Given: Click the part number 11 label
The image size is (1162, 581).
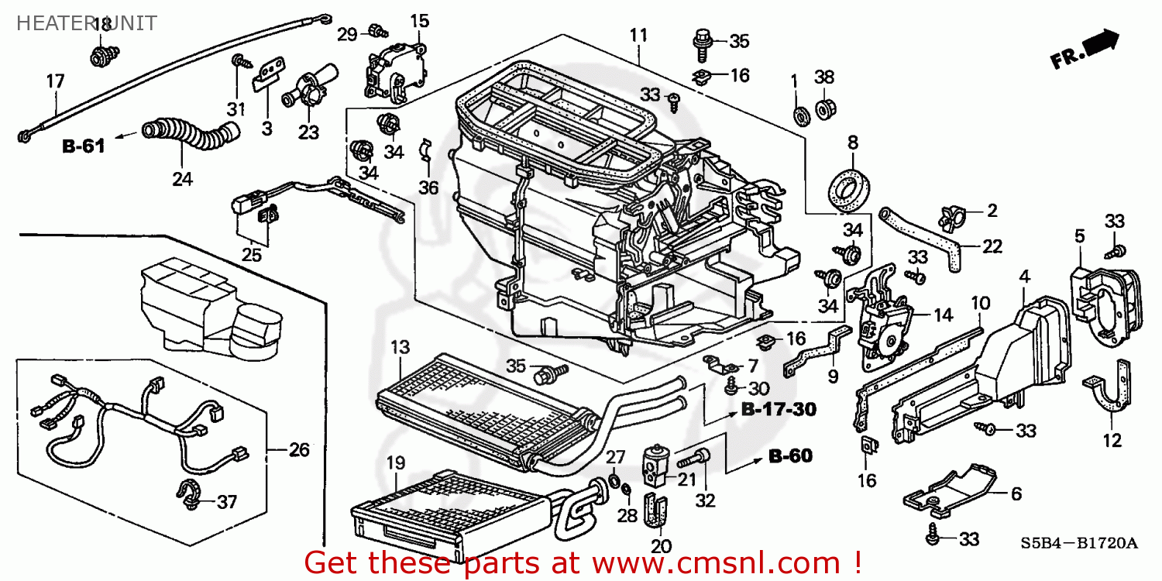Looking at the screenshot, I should tap(638, 35).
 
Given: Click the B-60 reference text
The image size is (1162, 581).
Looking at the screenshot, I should tap(790, 456).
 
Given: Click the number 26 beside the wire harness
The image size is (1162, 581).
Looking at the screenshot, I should tap(299, 449).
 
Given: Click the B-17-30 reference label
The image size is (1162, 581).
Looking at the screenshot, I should tap(779, 408).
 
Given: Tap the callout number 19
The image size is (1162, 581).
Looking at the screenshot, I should tap(395, 463).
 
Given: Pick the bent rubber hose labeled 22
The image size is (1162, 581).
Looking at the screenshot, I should tap(929, 237).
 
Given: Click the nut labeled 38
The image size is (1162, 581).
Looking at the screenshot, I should tap(824, 106).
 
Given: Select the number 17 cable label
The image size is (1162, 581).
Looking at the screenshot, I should tap(55, 81).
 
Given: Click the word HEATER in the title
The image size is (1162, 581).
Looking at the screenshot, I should tap(47, 23).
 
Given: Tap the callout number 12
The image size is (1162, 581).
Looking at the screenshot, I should tap(1112, 440).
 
